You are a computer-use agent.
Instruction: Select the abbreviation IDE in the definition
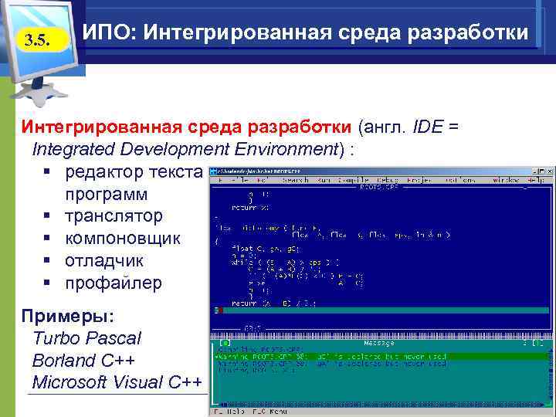[x=429, y=127]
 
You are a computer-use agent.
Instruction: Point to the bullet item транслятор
[x=114, y=215]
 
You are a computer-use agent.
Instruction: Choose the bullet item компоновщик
[x=122, y=238]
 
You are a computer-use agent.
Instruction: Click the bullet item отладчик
[x=103, y=260]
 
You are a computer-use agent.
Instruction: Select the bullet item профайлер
[x=113, y=283]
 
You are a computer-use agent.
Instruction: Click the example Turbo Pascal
[x=87, y=338]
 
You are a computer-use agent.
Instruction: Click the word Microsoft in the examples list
[x=71, y=383]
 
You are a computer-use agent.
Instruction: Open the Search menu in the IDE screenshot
[x=294, y=179]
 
